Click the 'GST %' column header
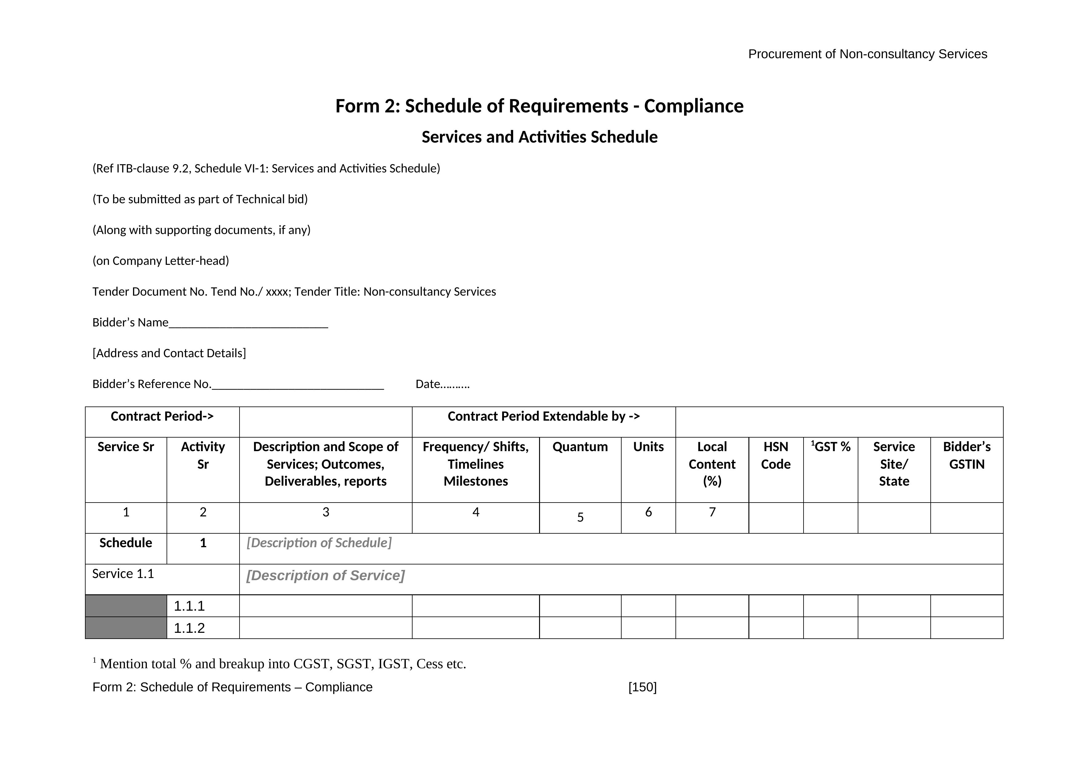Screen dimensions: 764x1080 (832, 447)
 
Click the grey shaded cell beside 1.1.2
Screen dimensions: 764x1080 (126, 628)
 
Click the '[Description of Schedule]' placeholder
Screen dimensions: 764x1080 (319, 543)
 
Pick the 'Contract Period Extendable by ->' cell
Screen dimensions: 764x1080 (543, 416)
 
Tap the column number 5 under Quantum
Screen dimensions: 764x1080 (580, 517)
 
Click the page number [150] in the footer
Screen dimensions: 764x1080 (642, 687)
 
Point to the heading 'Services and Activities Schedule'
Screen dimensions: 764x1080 (539, 137)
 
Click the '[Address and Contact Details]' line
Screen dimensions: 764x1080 (169, 353)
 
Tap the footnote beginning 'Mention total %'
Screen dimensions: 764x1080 (283, 664)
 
